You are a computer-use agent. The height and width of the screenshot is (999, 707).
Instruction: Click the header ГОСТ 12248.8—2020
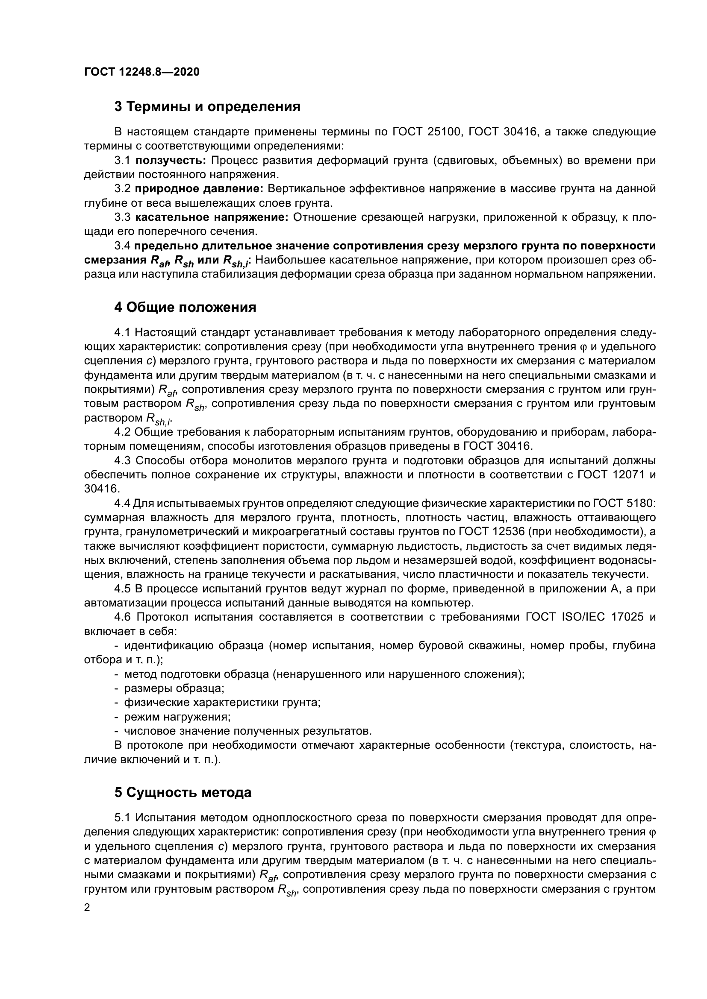[x=141, y=72]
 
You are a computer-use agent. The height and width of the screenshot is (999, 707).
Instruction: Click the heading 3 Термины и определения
[x=207, y=107]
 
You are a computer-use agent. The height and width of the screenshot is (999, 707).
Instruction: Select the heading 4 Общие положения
[x=185, y=307]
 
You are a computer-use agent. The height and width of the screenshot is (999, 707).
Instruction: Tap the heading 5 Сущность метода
[x=183, y=793]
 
